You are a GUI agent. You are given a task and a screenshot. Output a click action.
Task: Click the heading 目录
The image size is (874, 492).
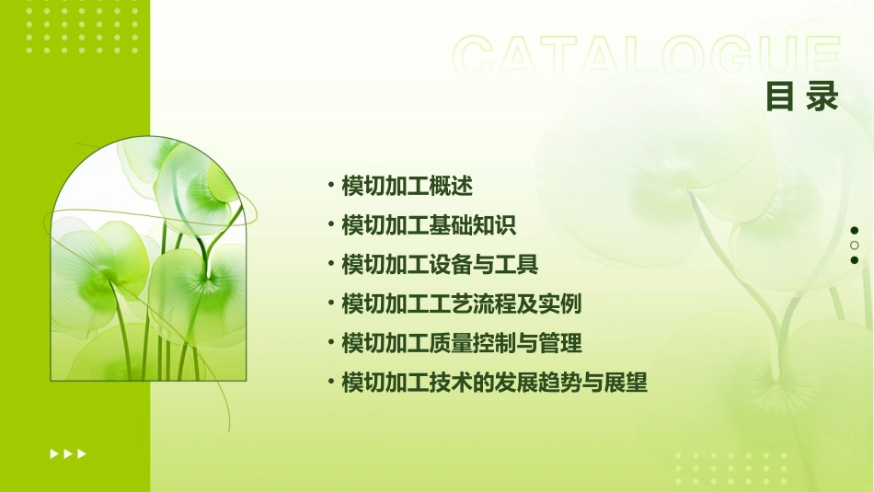click(802, 97)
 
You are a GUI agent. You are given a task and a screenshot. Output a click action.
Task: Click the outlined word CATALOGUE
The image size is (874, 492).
click(647, 57)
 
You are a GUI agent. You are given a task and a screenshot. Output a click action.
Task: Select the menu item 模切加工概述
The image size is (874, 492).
click(407, 187)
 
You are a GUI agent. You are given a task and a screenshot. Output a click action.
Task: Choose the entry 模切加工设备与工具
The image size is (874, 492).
click(440, 265)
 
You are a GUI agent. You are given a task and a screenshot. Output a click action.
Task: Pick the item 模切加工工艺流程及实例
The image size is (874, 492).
click(461, 304)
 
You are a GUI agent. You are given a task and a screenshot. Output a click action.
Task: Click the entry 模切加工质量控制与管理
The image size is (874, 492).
click(461, 344)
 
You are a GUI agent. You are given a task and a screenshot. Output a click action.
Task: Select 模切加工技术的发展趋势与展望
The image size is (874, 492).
click(494, 383)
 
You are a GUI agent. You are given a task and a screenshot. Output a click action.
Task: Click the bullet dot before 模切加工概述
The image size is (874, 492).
click(330, 186)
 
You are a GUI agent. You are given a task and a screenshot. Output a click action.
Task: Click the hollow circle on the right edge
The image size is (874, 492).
click(855, 246)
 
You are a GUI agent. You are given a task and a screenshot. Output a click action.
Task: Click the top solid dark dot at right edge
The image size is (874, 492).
click(855, 231)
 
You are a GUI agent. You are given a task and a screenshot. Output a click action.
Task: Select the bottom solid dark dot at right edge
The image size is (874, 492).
click(855, 260)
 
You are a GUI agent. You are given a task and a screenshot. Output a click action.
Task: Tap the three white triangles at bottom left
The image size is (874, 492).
click(68, 453)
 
